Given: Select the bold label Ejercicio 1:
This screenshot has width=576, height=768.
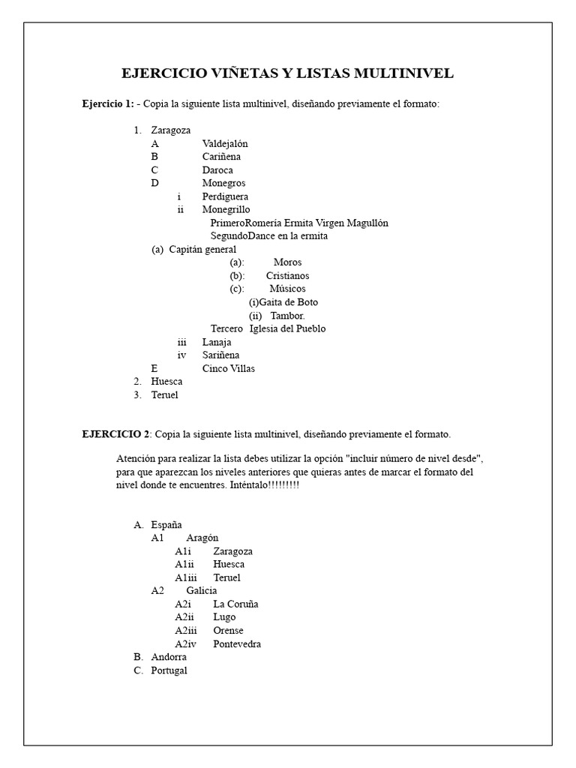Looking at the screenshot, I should pos(108,103).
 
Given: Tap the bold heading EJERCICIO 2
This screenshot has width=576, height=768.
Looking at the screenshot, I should pos(116,434).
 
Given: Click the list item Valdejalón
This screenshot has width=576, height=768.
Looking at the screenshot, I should pos(225,143).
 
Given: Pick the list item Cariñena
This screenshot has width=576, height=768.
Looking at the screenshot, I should pos(221,157).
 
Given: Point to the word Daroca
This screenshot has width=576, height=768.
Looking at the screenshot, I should pos(217,170).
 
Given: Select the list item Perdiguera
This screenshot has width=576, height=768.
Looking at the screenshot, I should pos(225,196).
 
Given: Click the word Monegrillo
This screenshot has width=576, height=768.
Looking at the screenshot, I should pos(226,209).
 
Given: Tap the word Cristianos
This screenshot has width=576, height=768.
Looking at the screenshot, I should pos(287,276).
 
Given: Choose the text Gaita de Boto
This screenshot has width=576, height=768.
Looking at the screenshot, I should pos(289,302).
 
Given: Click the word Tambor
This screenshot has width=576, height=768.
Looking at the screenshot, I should pos(287,316).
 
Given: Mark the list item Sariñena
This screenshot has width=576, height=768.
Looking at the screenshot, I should pos(221,355).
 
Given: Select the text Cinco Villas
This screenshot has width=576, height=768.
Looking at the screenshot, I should pos(228,368).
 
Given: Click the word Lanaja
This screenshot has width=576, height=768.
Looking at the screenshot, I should pos(217,342).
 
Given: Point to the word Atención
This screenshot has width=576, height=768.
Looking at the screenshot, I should pos(138,459).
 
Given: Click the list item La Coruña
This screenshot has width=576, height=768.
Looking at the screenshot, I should pos(235,604).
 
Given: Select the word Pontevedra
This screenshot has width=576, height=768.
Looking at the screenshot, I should pos(237,643).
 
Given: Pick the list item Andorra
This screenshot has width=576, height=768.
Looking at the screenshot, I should pos(169,657).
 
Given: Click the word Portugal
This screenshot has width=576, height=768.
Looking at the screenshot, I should pos(169,670).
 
